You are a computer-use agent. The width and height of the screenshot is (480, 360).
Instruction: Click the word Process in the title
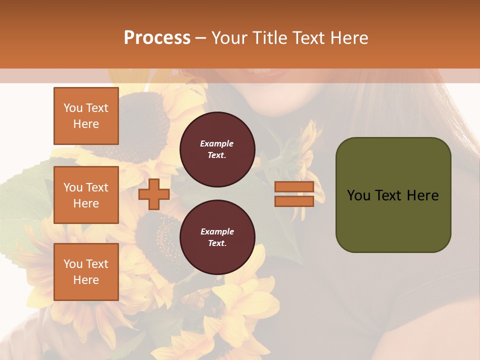pyautogui.click(x=157, y=38)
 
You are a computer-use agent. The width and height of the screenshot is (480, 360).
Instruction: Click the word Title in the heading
pyautogui.click(x=270, y=38)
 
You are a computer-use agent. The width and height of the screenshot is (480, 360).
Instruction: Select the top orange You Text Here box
pyautogui.click(x=86, y=116)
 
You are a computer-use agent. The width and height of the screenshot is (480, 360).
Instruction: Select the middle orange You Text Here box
pyautogui.click(x=86, y=195)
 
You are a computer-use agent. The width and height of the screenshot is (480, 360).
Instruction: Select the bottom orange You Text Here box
pyautogui.click(x=86, y=272)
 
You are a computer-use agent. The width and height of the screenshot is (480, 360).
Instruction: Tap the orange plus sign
pyautogui.click(x=153, y=194)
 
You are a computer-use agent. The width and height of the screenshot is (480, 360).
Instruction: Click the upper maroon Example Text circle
pyautogui.click(x=217, y=149)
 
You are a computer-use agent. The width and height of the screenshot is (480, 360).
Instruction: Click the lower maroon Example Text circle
pyautogui.click(x=217, y=237)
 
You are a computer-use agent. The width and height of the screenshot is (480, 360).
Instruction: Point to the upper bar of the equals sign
pyautogui.click(x=294, y=187)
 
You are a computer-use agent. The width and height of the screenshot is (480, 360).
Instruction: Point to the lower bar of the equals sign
pyautogui.click(x=294, y=201)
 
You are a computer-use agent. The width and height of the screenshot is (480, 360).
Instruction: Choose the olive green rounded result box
pyautogui.click(x=393, y=195)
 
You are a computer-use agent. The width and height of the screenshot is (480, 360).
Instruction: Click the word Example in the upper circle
pyautogui.click(x=217, y=144)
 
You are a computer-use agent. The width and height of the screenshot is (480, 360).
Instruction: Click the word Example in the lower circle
pyautogui.click(x=217, y=232)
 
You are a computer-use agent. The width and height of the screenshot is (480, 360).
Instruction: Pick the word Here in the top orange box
pyautogui.click(x=86, y=124)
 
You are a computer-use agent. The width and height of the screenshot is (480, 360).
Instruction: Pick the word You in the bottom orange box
pyautogui.click(x=73, y=264)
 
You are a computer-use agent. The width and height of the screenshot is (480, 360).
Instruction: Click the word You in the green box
pyautogui.click(x=358, y=195)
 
